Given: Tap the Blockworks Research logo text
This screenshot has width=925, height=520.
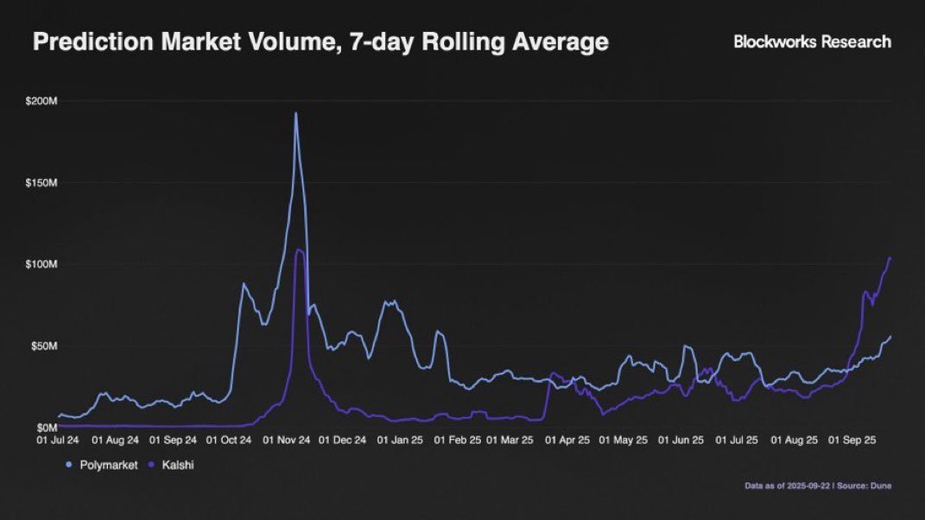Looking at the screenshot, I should [812, 41].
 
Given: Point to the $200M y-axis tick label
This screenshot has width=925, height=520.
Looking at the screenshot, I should [42, 102].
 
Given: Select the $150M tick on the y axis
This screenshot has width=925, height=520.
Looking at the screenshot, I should [42, 183].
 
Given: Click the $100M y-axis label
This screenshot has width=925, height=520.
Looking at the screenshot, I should [42, 264].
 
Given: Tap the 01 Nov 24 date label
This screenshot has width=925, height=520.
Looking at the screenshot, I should [287, 440].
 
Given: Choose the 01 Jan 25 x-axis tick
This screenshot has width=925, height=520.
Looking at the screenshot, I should [399, 440].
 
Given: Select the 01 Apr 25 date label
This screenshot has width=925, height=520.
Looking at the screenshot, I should [566, 440].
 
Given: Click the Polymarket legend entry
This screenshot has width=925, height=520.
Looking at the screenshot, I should [103, 465].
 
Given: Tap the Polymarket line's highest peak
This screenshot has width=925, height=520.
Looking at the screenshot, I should [296, 113].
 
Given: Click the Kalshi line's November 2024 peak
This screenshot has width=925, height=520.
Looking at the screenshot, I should [299, 250].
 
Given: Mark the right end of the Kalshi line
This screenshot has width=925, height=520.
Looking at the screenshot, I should [890, 258].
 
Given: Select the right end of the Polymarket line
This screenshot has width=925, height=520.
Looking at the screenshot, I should [890, 336].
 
